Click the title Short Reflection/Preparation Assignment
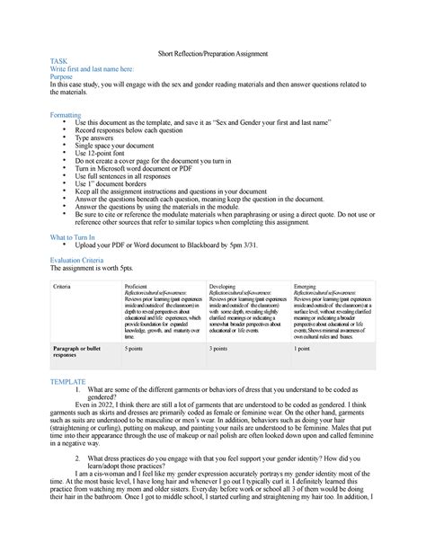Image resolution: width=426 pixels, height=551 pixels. tap(213, 55)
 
